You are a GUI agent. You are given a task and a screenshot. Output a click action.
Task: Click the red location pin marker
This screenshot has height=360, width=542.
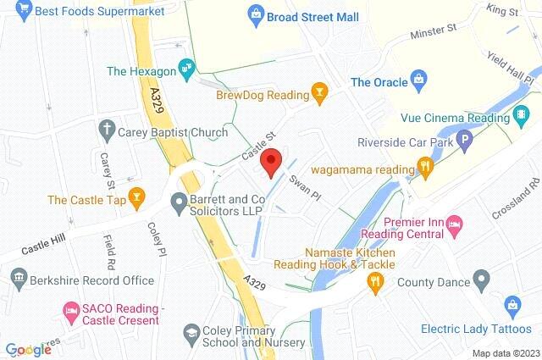tap(271, 161)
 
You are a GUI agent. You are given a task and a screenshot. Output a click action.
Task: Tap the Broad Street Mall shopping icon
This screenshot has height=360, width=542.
tap(253, 15)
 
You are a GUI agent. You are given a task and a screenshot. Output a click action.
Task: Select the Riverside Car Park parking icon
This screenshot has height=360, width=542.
tap(463, 141)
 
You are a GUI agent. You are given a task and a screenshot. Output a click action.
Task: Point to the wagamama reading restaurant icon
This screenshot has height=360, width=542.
tap(429, 169)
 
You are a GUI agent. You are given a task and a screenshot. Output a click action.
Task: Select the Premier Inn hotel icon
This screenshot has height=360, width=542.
tap(456, 223)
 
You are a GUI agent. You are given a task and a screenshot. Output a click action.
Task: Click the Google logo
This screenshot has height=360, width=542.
tap(28, 350)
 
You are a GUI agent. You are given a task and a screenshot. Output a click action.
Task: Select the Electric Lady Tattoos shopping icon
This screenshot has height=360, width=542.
tap(512, 303)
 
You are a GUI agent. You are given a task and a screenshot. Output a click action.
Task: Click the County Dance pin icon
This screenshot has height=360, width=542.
tap(481, 278)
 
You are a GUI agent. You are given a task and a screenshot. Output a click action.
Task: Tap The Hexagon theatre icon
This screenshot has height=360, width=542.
tap(188, 66)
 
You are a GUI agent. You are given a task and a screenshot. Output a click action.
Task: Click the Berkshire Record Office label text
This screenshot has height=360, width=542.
tap(92, 280)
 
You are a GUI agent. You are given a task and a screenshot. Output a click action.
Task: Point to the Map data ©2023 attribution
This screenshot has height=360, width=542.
tap(505, 352)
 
